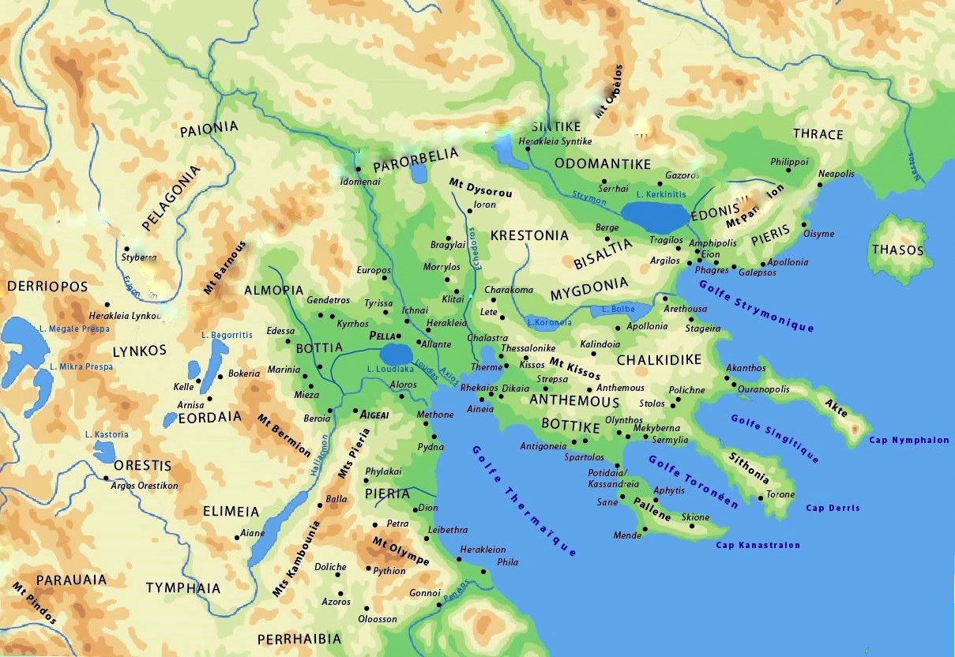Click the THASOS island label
coord(897,250)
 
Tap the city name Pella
coord(382,336)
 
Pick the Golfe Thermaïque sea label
coord(523,501)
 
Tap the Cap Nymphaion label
coord(908,441)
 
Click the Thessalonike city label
coord(528,348)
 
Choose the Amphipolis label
coord(712,243)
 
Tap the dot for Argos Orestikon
coord(106,478)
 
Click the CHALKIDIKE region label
coord(659,360)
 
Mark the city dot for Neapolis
coord(819,185)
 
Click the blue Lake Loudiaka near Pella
coord(396,355)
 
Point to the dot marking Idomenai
coord(357,169)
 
